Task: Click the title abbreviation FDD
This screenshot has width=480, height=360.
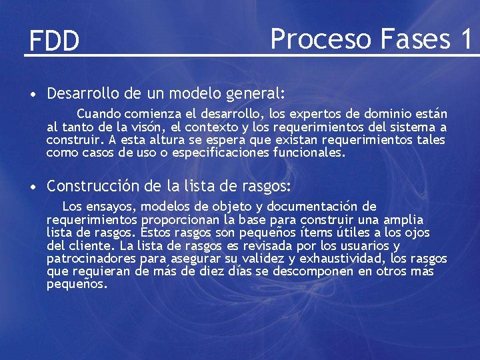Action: point(54,41)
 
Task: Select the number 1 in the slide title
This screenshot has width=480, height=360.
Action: point(465,39)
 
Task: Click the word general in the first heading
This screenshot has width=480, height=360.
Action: point(250,91)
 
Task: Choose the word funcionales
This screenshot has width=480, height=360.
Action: point(311,153)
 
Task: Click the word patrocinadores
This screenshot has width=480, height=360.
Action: point(91,259)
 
